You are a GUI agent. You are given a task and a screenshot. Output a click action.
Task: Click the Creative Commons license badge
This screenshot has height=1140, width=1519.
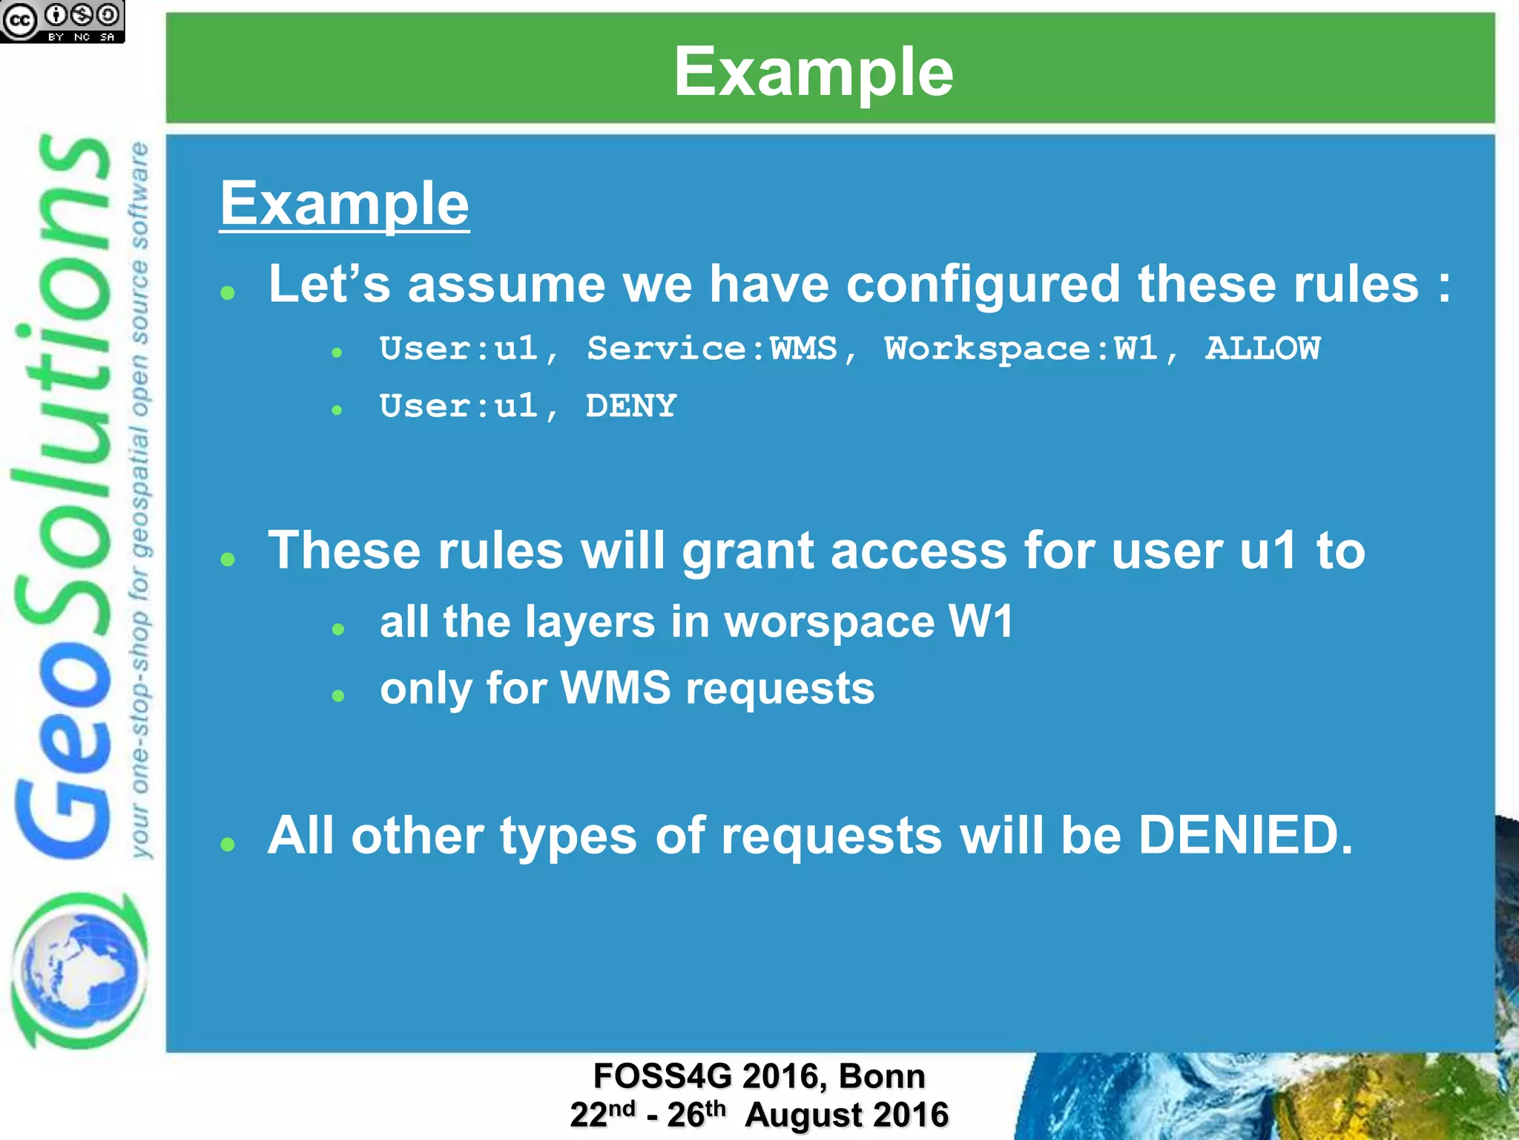click(x=62, y=22)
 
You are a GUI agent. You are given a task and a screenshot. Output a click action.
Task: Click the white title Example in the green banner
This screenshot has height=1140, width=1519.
click(x=814, y=72)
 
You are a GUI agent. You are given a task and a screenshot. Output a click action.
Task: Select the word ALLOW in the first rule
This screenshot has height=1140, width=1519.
click(x=1262, y=348)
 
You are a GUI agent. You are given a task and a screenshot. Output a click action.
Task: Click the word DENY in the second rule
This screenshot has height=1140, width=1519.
click(x=630, y=406)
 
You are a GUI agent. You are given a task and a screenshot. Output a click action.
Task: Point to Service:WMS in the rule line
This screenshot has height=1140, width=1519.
click(x=712, y=348)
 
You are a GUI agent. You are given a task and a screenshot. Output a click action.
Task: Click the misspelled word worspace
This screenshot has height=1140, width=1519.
click(x=828, y=622)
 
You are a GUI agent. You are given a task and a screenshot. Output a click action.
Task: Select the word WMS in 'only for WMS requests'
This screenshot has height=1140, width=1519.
click(x=615, y=688)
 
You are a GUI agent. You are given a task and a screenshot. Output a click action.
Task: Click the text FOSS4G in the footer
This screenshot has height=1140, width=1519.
click(x=662, y=1076)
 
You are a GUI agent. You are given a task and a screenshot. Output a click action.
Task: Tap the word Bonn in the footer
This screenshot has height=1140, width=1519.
click(x=882, y=1076)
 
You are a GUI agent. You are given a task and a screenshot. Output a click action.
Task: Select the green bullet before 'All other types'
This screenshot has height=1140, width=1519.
click(x=228, y=843)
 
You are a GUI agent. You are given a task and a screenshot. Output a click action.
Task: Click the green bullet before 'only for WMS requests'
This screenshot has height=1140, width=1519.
click(x=338, y=695)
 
